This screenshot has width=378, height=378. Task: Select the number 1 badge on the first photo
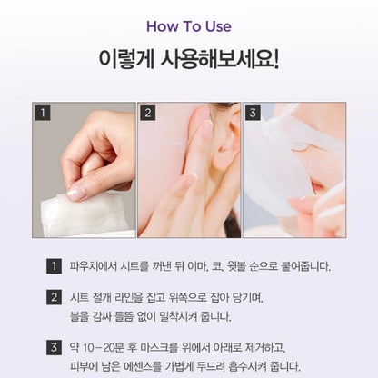(42, 114)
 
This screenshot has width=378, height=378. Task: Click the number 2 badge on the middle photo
(147, 114)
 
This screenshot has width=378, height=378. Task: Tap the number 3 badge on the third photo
(253, 114)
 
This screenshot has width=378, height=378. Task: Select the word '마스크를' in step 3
(180, 347)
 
